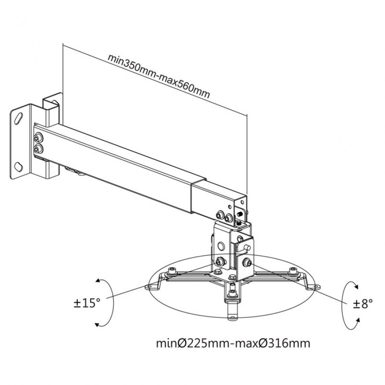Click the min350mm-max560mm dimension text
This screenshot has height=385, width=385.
pos(159,76)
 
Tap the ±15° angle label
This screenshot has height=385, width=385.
pos(87,303)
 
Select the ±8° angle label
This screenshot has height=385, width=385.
pos(363,304)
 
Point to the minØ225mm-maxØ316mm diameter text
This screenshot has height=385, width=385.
pos(233,343)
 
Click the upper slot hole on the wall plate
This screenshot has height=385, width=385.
pos(19,118)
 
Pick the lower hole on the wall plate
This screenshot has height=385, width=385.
pos(18,167)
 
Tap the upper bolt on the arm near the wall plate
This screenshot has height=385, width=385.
pos(38,138)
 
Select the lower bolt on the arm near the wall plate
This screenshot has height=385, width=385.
pos(38,149)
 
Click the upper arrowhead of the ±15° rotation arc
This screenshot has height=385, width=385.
pos(98,281)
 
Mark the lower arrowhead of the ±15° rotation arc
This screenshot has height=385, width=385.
pos(97,325)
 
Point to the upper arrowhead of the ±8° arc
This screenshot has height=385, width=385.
pos(356,286)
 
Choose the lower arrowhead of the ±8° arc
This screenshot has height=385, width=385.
pos(358,320)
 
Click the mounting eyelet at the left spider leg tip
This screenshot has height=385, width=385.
pos(148,287)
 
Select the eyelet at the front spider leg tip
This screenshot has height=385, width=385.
pos(232,318)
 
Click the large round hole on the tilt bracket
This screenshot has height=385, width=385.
pos(221,246)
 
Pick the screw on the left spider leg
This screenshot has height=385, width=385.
pos(173,271)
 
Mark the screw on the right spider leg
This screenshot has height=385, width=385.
pos(293,271)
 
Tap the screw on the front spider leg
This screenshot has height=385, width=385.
pos(232,293)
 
